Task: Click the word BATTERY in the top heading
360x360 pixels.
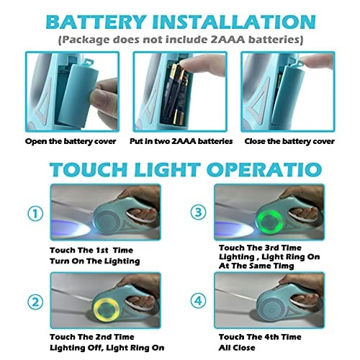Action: click(x=96, y=22)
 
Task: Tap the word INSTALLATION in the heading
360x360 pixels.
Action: click(x=234, y=22)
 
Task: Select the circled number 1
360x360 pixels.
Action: click(x=35, y=213)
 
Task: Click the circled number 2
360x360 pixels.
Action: click(x=35, y=302)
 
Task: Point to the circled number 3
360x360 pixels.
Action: click(x=198, y=212)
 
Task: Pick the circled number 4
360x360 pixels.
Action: click(x=198, y=301)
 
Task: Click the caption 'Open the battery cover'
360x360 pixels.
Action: click(x=71, y=141)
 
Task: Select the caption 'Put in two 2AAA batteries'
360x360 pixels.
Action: click(x=181, y=141)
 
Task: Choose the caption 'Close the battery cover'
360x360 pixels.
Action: click(x=289, y=141)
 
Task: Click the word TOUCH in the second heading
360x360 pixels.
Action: click(x=89, y=169)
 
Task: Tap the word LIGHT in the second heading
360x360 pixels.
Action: click(x=167, y=169)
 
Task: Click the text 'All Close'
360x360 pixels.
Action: click(x=237, y=348)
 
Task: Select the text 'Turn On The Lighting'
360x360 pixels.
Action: click(x=95, y=261)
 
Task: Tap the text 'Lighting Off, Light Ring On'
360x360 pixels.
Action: click(x=107, y=348)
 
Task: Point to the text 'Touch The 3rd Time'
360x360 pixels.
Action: click(x=260, y=248)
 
